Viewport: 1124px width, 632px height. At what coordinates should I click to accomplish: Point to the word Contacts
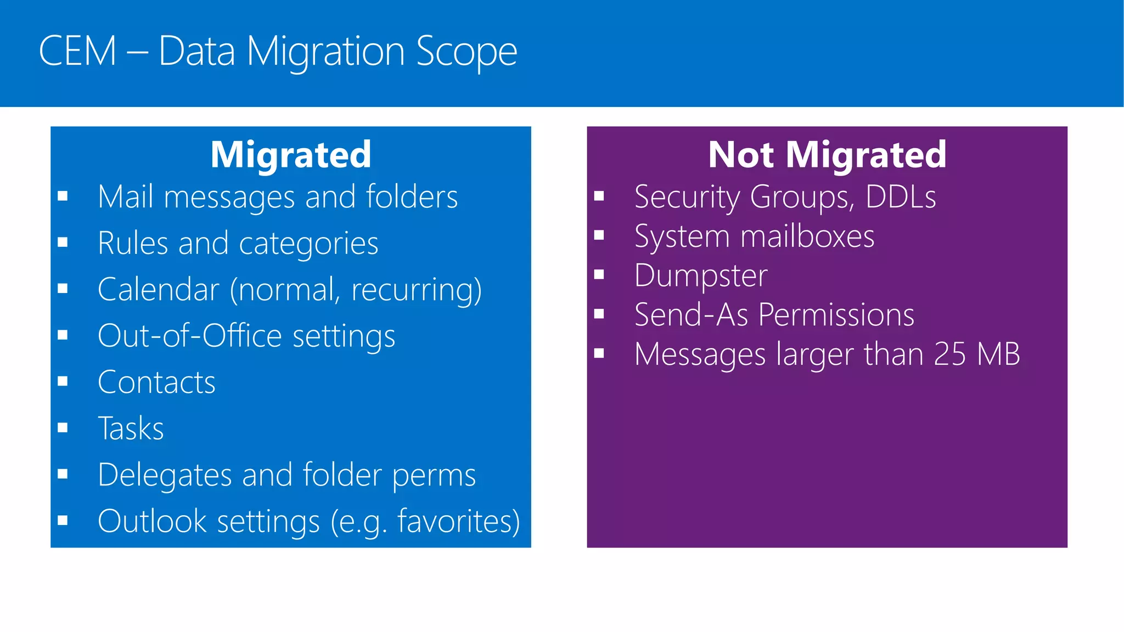point(156,382)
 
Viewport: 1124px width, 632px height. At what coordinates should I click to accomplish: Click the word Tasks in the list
point(131,428)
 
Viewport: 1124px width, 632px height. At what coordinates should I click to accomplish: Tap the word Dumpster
point(701,275)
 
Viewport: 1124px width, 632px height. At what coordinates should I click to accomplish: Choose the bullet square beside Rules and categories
point(63,242)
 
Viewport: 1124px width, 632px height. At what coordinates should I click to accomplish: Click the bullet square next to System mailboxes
point(599,236)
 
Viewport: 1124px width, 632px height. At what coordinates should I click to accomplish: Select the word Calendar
point(158,290)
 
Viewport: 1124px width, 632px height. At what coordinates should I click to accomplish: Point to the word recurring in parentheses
point(412,291)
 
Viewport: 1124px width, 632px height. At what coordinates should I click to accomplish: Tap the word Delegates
point(165,475)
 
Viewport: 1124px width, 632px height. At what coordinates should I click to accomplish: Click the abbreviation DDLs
point(901,197)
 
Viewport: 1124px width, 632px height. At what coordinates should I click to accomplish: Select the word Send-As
point(691,315)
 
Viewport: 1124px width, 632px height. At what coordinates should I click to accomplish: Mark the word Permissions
point(836,315)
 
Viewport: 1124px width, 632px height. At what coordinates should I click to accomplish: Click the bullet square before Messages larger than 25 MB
point(599,354)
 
